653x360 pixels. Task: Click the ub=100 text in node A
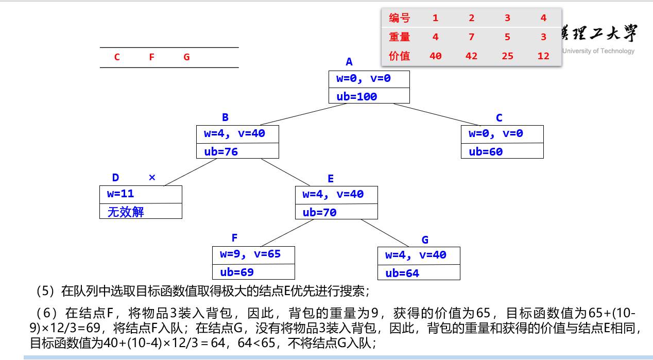coord(357,96)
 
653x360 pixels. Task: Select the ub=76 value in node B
coord(221,151)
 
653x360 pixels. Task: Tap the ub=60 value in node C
coord(486,151)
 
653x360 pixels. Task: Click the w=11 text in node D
coord(121,194)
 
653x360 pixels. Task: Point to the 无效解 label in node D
coord(126,212)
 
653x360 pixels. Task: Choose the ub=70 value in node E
coord(319,212)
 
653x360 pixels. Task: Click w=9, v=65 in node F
coord(250,254)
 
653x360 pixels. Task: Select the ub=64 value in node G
coord(402,273)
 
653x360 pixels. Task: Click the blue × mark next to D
coord(152,178)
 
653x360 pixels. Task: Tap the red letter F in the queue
coord(152,57)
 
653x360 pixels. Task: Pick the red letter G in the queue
coord(186,57)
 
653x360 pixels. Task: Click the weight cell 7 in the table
coord(471,37)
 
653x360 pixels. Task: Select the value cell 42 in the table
coord(471,56)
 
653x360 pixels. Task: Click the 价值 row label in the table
coord(400,56)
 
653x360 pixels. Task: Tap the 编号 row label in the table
coord(400,19)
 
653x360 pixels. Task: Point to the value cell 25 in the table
coord(507,56)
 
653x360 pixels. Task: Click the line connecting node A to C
coord(437,114)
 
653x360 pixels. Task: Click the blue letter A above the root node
coord(349,62)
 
